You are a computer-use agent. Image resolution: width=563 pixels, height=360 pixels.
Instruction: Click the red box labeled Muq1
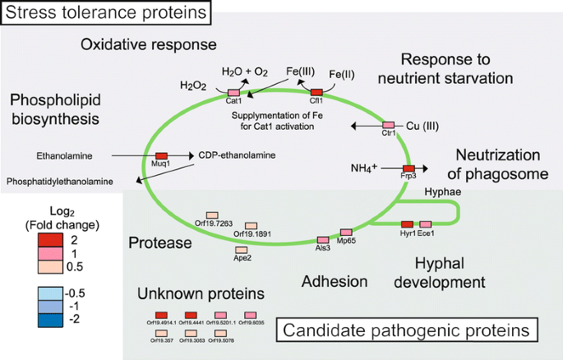[x=162, y=155]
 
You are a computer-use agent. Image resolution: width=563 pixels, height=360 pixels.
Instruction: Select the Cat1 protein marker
[x=233, y=92]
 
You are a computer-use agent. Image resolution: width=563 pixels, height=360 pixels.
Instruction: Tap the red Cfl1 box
[x=316, y=92]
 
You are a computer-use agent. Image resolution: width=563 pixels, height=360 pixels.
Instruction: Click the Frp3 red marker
[x=408, y=168]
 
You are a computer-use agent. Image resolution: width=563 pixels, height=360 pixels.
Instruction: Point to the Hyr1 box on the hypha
[x=407, y=224]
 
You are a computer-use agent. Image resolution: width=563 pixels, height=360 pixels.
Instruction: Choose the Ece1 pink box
[x=425, y=224]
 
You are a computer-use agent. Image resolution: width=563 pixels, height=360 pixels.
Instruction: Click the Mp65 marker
[x=346, y=233]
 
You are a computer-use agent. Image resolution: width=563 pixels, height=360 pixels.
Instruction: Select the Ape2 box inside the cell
[x=242, y=249]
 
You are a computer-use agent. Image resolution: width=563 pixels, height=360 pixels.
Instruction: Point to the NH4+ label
[x=363, y=168]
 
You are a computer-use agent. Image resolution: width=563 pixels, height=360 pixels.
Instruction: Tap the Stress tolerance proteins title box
[x=106, y=12]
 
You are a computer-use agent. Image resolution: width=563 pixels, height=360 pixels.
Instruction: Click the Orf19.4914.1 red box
[x=161, y=315]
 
